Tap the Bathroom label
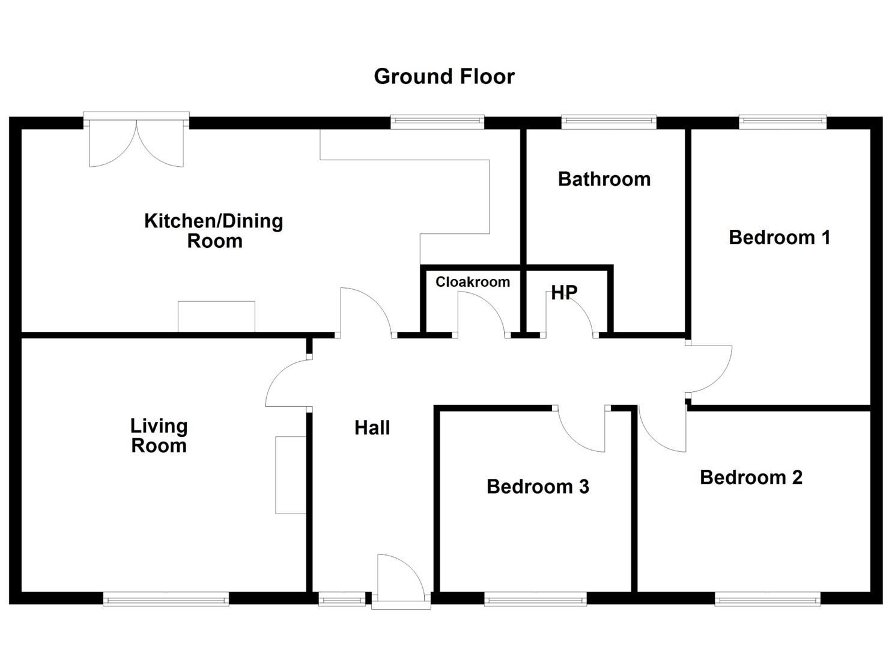tap(604, 179)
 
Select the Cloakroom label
tap(473, 281)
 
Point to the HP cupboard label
tap(564, 293)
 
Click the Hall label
tap(372, 428)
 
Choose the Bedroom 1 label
tap(779, 238)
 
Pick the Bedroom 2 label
tap(751, 478)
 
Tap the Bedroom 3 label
tap(538, 487)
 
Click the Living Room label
tap(159, 436)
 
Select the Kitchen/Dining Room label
tap(214, 231)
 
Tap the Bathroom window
tap(608, 122)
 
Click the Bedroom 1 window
tap(783, 122)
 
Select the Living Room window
tap(166, 599)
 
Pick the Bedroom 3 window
tap(535, 599)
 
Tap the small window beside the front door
tap(342, 599)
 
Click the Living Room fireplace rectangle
tap(291, 475)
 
